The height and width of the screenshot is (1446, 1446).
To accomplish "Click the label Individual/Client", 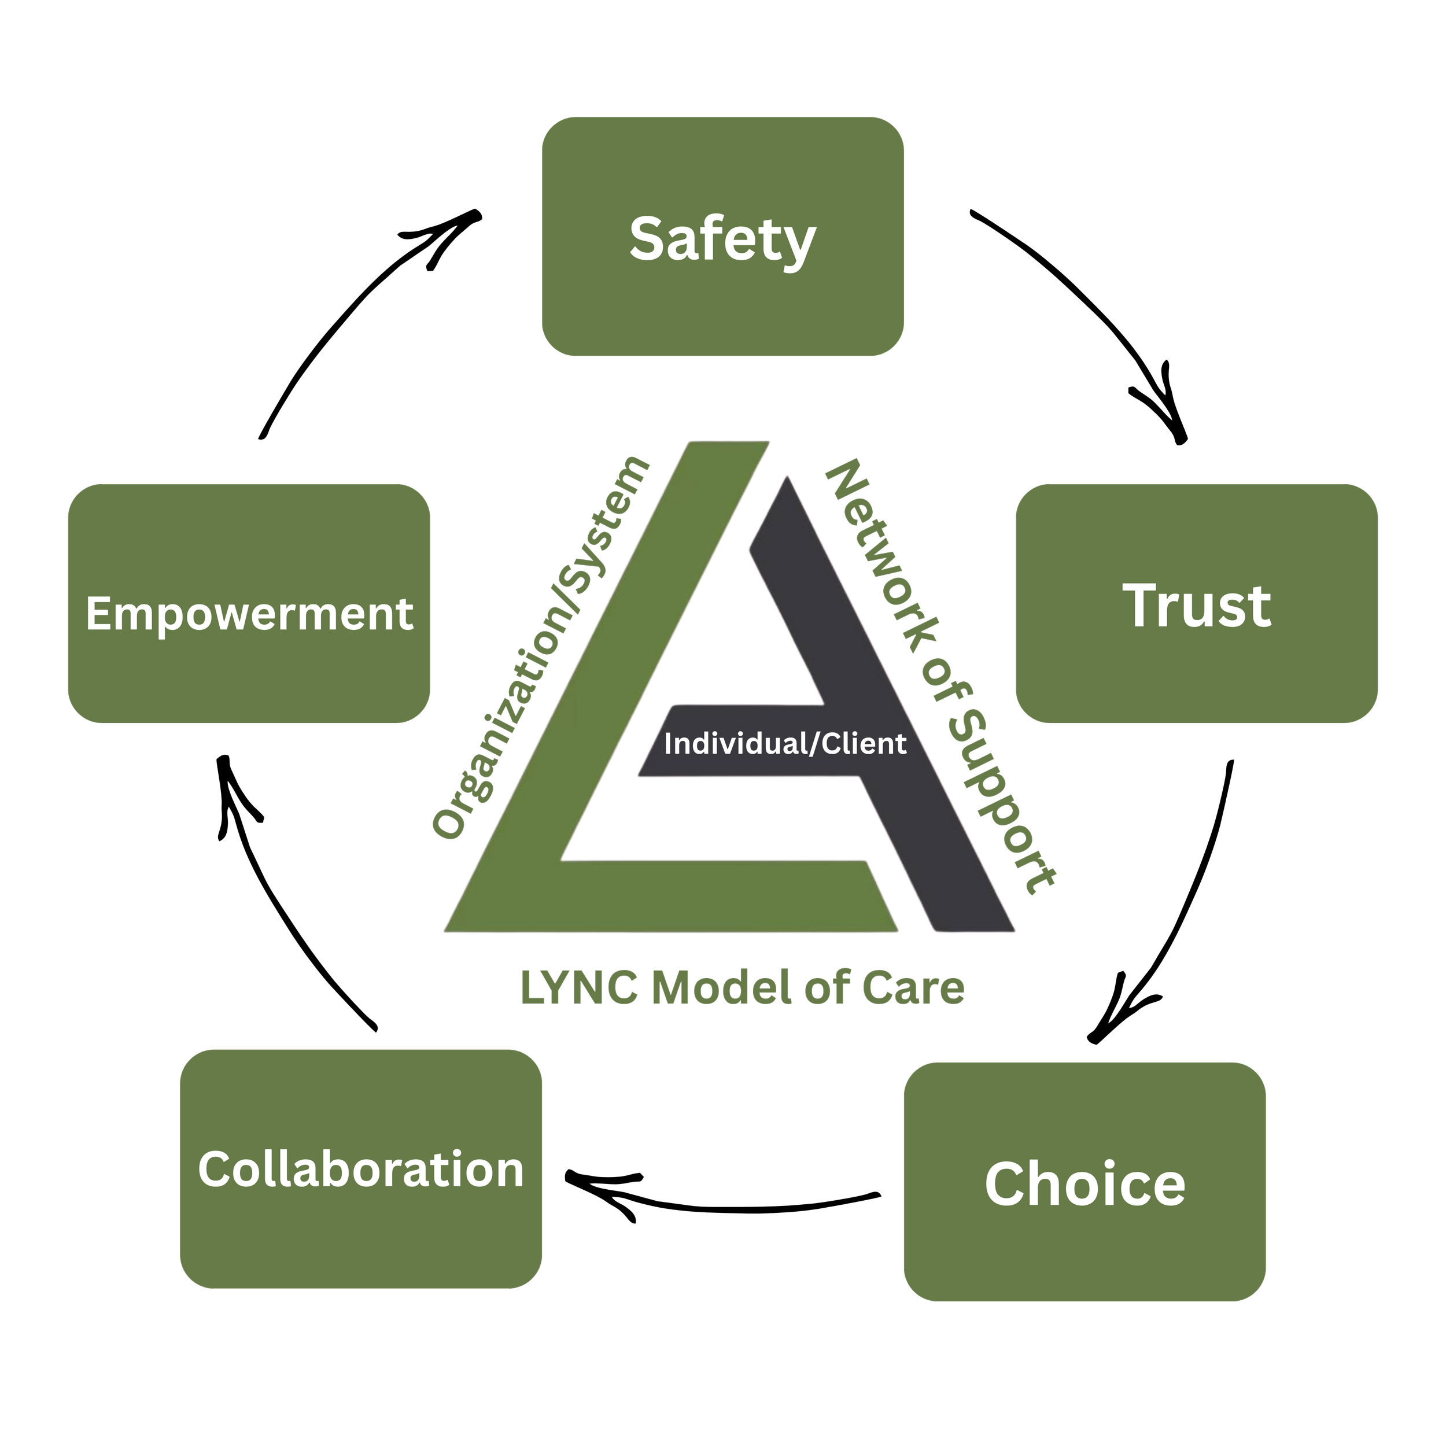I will (785, 744).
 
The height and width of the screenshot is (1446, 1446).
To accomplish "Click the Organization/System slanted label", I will (540, 647).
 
